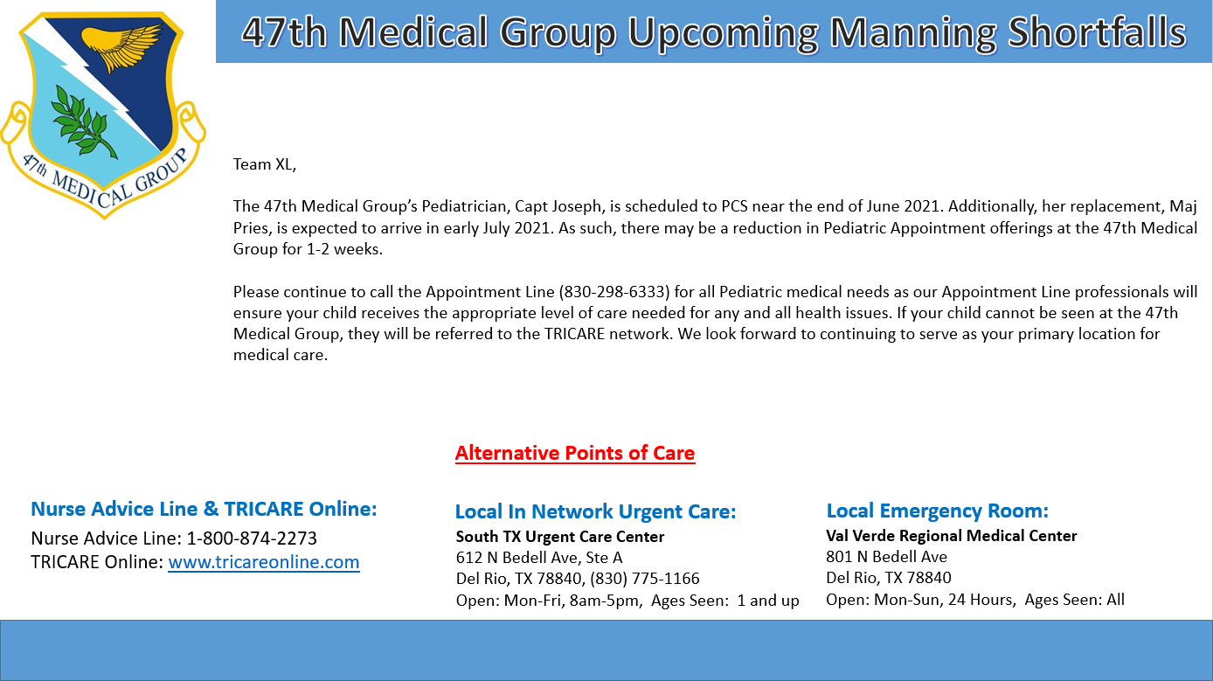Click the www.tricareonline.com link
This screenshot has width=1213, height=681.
coord(264,562)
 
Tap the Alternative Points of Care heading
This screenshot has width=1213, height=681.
coord(574,453)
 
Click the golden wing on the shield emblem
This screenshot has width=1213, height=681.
coord(121,46)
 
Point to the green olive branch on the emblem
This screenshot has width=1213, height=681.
coord(84,122)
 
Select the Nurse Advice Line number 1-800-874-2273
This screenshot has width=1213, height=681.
coord(252,538)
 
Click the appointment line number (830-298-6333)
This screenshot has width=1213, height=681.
coord(614,292)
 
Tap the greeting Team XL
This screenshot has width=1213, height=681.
coord(265,164)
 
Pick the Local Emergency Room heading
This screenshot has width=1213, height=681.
coord(938,511)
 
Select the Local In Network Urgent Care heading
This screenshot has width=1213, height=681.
coord(596,511)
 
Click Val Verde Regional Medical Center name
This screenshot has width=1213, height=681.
coord(952,536)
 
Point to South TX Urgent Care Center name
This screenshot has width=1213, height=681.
coord(560,537)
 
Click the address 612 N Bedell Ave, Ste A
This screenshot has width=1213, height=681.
coord(539,558)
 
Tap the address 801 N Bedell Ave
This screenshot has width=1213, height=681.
coord(886,557)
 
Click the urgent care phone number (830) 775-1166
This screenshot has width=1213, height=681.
coord(645,579)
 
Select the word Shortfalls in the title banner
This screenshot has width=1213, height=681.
coord(1097,31)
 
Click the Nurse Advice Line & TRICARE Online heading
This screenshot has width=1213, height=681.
coord(204,509)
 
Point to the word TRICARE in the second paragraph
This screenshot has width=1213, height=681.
coord(574,334)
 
